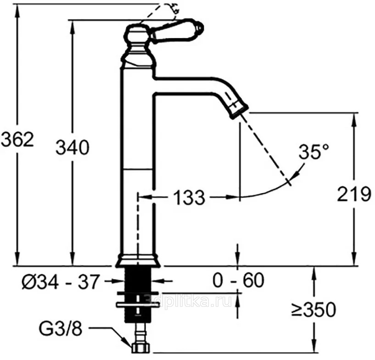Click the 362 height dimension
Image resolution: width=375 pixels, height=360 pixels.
pos(17,139)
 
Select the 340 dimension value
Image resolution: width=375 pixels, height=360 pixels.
pos(73,147)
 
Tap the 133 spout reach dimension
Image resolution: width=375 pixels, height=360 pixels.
pos(189,197)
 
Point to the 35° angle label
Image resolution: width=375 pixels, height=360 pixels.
pos(314,151)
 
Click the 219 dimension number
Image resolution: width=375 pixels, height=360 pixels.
pos(354,194)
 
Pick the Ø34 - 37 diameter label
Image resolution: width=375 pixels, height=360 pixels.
pos(60,282)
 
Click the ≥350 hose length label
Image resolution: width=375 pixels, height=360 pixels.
pos(313,310)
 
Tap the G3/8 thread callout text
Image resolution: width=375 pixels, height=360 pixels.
pos(61,329)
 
